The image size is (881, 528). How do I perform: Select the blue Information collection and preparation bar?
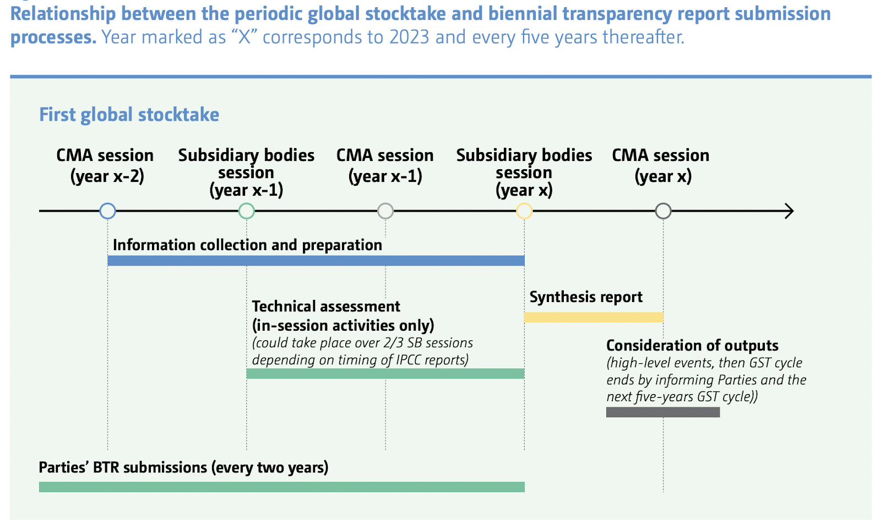(x=316, y=260)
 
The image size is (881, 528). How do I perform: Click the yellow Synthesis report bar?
(x=594, y=317)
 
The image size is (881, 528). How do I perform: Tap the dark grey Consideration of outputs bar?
(x=663, y=412)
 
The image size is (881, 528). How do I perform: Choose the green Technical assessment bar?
(x=385, y=373)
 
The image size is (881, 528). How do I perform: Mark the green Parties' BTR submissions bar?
(x=281, y=487)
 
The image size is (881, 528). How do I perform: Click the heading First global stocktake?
(x=129, y=115)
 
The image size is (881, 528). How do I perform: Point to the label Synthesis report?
(x=586, y=297)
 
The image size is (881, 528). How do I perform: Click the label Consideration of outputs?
(x=692, y=346)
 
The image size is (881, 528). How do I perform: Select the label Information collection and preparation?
(x=247, y=245)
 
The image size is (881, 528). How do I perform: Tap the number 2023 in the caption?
(x=409, y=37)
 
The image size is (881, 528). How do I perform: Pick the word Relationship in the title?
(x=63, y=14)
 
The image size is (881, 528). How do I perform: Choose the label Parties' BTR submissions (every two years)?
(x=183, y=468)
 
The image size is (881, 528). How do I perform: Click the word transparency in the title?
(x=617, y=14)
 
